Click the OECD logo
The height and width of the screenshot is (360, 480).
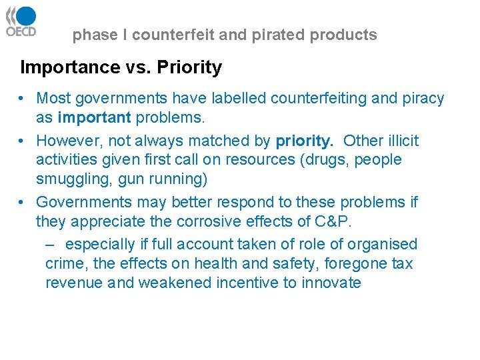point(21,21)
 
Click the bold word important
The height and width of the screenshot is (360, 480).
point(95,118)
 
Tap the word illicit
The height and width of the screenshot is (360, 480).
point(400,141)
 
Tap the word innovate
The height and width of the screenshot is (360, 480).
point(331,283)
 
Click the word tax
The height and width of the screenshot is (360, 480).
point(402,263)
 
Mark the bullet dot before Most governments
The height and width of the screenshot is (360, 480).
point(23,99)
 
